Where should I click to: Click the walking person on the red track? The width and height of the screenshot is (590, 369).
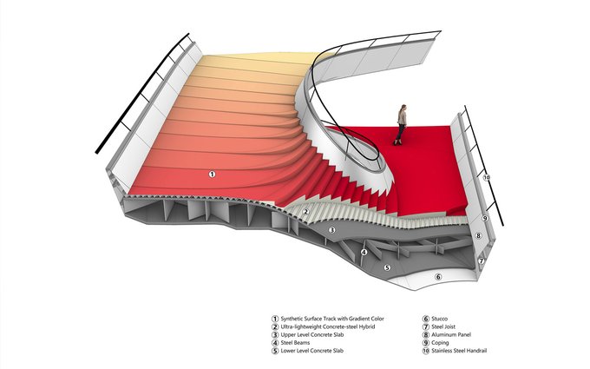[401, 124]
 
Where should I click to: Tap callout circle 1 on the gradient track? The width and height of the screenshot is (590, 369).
[213, 175]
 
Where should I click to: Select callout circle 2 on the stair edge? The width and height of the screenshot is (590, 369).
[305, 212]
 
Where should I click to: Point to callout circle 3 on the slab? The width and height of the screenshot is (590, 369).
[331, 230]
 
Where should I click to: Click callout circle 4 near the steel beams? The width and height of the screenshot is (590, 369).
[364, 252]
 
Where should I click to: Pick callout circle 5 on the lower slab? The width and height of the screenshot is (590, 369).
[387, 267]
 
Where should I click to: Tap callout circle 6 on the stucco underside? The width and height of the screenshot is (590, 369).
[438, 277]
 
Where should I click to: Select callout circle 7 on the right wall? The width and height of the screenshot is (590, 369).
[481, 260]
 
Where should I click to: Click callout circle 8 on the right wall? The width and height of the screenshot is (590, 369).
[478, 236]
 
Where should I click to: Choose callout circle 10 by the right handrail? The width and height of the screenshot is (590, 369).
[487, 177]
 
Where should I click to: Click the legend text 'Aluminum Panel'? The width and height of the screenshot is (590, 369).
[456, 334]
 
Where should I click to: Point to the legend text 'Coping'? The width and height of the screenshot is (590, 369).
[443, 342]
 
